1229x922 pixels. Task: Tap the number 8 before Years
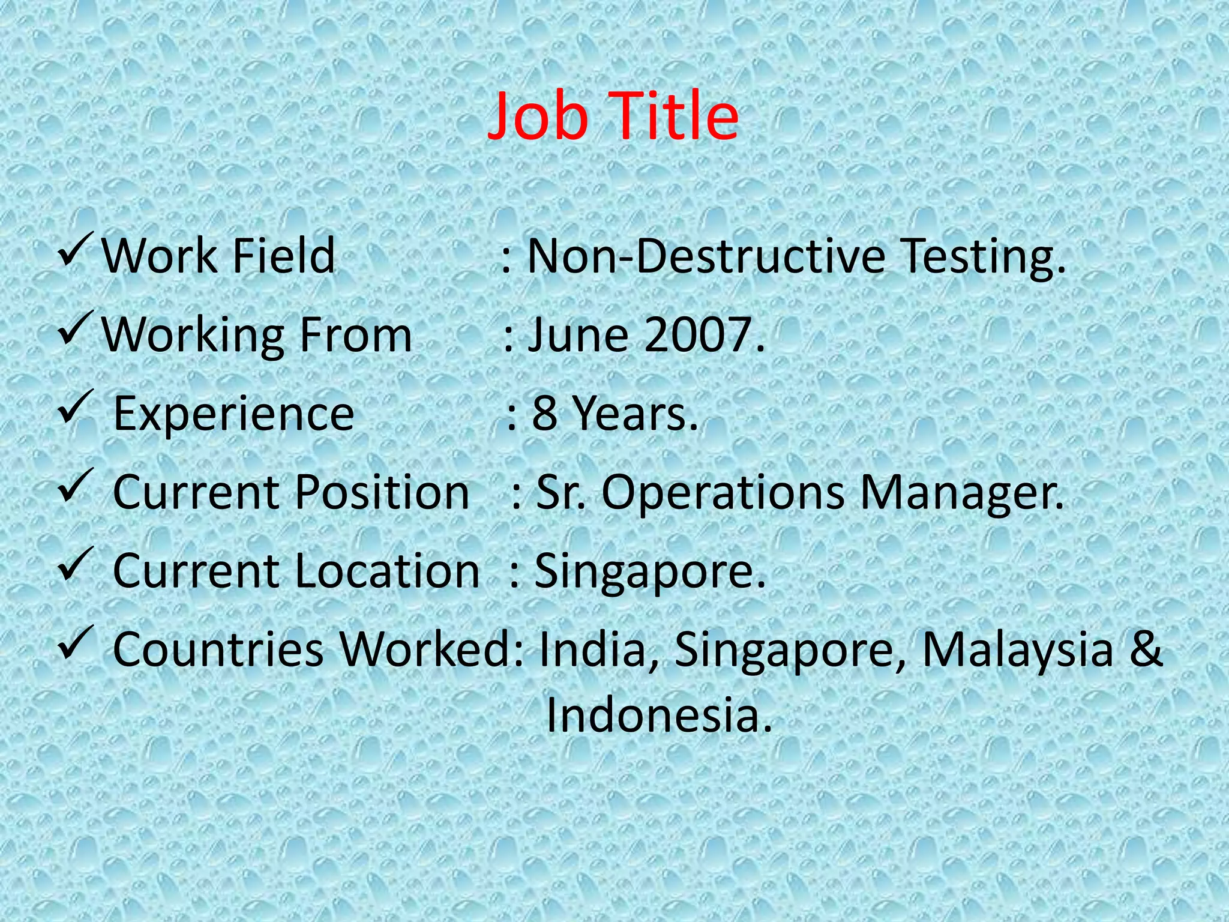tap(544, 414)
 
